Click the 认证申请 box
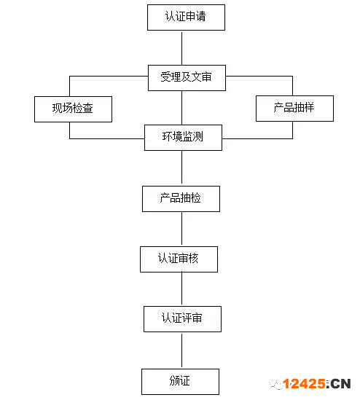coord(186,17)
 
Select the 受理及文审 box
coord(187,78)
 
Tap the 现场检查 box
coord(73,109)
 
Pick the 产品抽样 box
coord(294,109)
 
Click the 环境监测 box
coord(183,138)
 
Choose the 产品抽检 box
coord(181,199)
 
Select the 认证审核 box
coord(179,259)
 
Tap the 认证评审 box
coord(182,319)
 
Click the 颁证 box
coord(181,382)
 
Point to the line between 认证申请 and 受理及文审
coord(181,47)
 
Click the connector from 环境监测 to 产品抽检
coord(181,168)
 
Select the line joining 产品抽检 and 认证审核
coord(181,229)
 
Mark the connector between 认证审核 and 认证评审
coord(181,289)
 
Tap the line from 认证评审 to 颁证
coord(181,350)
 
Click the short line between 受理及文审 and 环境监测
coord(181,108)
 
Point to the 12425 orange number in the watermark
coord(304,384)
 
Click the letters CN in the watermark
coord(341,384)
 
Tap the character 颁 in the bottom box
coord(174,380)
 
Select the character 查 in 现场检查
coord(87,108)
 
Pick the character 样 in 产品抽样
coord(309,107)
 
